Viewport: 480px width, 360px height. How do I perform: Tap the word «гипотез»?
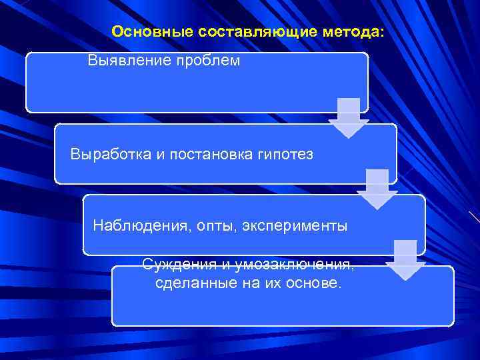[x=287, y=155]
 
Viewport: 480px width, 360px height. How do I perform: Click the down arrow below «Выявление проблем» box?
[x=348, y=118]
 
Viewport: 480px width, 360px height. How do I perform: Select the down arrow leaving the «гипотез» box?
[x=377, y=189]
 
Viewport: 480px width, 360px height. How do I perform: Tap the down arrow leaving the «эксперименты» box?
[x=405, y=260]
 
